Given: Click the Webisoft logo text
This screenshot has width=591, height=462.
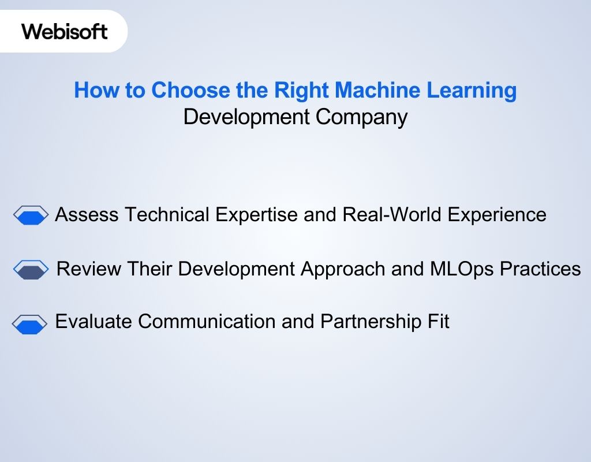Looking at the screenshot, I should click(x=65, y=31).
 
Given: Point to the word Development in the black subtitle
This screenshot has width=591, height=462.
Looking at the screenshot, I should click(x=246, y=117).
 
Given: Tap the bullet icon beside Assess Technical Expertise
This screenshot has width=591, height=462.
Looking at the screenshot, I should click(x=31, y=215).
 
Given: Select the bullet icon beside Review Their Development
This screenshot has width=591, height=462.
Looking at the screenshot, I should click(x=31, y=270).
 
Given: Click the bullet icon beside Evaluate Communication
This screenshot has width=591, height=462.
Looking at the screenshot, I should click(x=30, y=324).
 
